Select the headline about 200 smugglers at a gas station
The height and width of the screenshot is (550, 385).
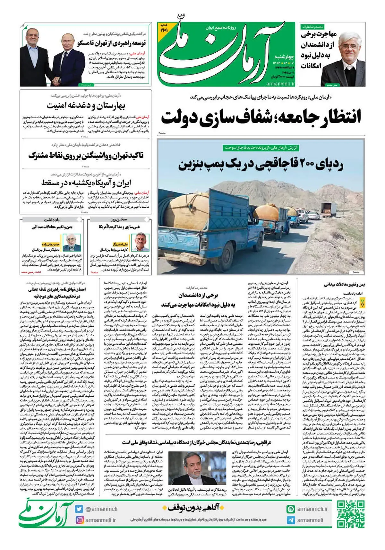pos(261,164)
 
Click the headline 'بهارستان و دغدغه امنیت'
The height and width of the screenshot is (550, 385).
pos(86,105)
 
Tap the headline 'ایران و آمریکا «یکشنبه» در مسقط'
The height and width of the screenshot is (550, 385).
pos(86,183)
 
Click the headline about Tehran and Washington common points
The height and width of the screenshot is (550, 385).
pos(86,156)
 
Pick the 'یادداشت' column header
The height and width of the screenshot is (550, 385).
pos(51,220)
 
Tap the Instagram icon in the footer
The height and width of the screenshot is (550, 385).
pos(79,520)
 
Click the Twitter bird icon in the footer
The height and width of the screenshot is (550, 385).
pos(79,509)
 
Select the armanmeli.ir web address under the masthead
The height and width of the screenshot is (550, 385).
pos(281,83)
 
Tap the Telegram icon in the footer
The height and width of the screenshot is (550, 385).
pos(290,520)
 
